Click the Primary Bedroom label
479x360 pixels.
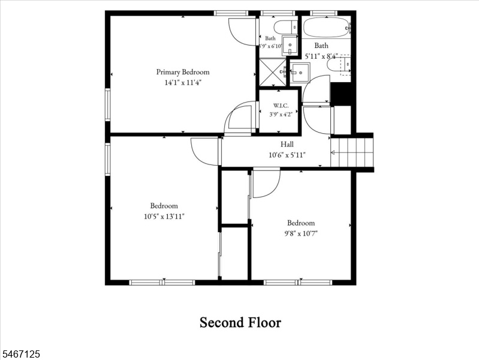183,72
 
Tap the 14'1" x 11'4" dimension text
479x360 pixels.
183,83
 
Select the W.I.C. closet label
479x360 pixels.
281,106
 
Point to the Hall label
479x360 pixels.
287,144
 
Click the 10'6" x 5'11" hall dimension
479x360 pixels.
287,155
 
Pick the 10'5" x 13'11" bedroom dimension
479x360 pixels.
164,217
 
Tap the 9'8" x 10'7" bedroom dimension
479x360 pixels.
301,233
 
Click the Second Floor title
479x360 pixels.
240,323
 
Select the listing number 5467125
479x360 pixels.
20,354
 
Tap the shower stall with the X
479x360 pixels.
273,72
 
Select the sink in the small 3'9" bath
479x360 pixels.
290,46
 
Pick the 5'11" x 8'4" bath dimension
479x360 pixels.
321,56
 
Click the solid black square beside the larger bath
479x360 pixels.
341,94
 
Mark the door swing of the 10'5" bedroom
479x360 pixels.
205,152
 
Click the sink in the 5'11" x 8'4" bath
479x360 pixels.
300,73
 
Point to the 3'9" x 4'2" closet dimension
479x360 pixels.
281,115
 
